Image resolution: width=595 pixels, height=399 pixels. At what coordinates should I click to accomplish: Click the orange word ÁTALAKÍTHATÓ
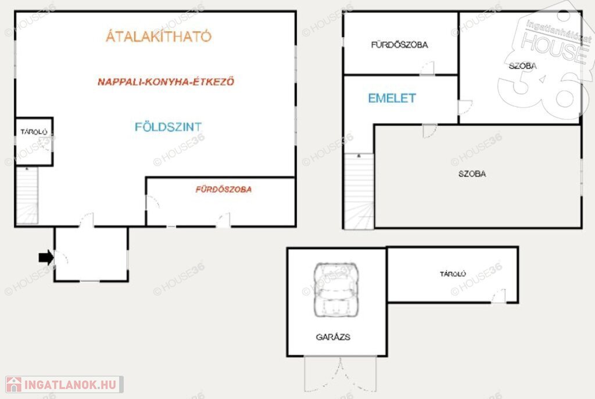(159, 36)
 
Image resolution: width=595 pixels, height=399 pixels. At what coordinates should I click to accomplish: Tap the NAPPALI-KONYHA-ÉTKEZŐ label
(166, 81)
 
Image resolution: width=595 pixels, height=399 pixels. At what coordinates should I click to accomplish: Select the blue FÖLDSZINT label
(168, 127)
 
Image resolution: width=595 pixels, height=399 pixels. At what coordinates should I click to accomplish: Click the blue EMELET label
(392, 98)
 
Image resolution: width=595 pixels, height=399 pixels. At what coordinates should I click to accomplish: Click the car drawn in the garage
(336, 290)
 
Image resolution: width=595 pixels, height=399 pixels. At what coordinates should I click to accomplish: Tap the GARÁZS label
(333, 337)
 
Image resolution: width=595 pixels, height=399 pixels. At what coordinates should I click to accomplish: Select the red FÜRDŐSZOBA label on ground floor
(224, 189)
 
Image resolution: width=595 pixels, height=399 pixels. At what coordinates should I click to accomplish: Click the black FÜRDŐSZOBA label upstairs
(399, 45)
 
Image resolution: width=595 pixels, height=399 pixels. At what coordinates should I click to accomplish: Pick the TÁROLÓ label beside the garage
(453, 274)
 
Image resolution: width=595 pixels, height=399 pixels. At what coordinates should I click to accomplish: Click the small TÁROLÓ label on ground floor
(34, 132)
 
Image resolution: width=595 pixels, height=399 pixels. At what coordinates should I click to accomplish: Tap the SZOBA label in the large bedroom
(472, 174)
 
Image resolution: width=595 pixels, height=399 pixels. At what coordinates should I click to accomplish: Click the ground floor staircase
(27, 196)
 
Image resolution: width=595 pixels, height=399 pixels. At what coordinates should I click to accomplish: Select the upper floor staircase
(359, 191)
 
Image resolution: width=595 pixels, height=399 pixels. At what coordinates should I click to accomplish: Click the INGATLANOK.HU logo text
(70, 384)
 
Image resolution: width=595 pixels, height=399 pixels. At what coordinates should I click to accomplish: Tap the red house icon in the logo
(14, 384)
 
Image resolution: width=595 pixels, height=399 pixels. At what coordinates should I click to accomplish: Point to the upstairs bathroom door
(427, 69)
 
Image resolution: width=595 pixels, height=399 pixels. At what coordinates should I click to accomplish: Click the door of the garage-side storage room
(499, 296)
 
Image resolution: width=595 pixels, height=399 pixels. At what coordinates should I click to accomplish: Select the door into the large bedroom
(429, 131)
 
